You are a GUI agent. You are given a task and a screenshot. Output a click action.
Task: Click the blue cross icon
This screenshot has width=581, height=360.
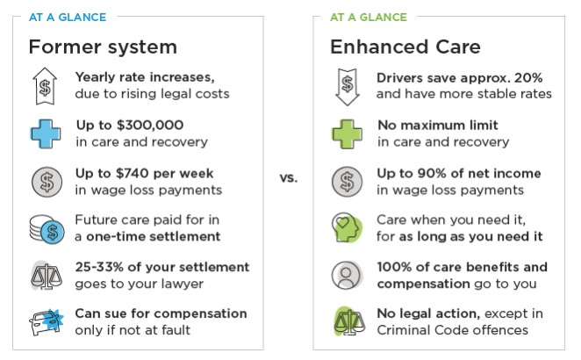[46, 133]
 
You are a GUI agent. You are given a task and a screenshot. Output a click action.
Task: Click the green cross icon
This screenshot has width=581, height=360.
[347, 133]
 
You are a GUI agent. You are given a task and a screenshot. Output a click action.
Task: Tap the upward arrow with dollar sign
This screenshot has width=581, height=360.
[45, 86]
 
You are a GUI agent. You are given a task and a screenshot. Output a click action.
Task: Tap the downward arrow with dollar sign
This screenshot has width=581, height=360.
[348, 87]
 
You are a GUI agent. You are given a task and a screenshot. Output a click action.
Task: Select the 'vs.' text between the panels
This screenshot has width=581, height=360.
[289, 177]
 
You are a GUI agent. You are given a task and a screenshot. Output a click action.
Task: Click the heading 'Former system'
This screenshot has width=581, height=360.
[103, 47]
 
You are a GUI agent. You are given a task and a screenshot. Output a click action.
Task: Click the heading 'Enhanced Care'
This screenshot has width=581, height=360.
[405, 47]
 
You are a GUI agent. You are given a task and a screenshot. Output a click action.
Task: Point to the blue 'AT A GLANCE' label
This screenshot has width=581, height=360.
[68, 17]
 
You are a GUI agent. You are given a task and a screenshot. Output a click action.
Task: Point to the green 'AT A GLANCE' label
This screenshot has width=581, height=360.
[369, 17]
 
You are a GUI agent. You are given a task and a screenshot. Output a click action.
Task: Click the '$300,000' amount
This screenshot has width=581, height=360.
[150, 125]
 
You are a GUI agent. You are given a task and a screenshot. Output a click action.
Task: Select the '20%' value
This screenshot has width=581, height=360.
[528, 78]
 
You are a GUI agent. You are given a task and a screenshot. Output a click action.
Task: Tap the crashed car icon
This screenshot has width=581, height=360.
[47, 322]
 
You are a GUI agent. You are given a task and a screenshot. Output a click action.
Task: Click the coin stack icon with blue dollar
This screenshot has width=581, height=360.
[47, 229]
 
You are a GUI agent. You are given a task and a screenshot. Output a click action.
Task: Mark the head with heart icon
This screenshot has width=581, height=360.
[347, 227]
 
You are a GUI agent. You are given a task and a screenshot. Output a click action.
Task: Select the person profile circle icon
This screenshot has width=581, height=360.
[347, 275]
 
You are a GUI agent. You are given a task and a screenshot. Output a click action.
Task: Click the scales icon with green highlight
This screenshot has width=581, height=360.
[349, 321]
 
